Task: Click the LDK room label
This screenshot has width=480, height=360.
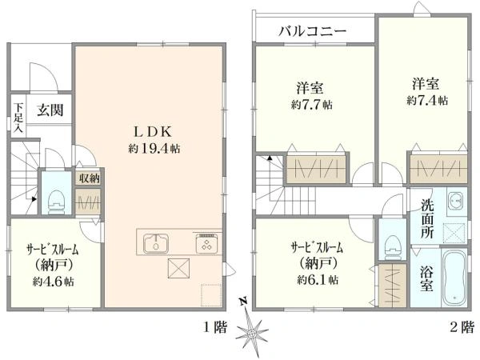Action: click(x=153, y=132)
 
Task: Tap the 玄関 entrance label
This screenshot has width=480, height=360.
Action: click(x=50, y=110)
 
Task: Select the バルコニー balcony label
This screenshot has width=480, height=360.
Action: click(x=313, y=30)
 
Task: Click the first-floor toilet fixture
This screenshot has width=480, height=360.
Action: click(x=56, y=202)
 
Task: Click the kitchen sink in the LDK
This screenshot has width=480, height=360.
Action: click(x=156, y=244)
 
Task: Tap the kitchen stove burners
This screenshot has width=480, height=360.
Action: click(x=206, y=244)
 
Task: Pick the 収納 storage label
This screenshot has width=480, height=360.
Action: click(x=90, y=178)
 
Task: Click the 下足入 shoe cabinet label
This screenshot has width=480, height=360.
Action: click(x=19, y=118)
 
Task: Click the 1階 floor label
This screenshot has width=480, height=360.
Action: click(x=216, y=328)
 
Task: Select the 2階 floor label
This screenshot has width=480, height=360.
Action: click(x=462, y=328)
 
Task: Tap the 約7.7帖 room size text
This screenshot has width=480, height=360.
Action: click(x=312, y=105)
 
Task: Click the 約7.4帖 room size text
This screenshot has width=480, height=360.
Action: click(x=427, y=101)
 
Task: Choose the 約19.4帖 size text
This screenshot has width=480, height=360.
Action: click(x=154, y=149)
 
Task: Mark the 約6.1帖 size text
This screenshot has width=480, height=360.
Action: click(x=318, y=279)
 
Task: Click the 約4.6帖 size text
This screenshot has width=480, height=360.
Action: click(x=54, y=282)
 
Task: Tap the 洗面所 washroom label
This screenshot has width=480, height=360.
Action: click(x=427, y=218)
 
